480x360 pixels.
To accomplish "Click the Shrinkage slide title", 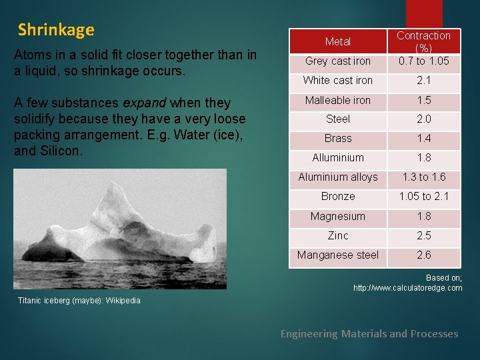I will (56, 30).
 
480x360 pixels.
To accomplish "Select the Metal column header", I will (337, 42).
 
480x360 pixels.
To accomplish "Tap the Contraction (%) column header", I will (424, 41).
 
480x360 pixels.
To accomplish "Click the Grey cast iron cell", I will (337, 61).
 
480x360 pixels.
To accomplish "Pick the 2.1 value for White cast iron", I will (424, 81).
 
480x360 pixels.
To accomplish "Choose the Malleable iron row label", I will (337, 100).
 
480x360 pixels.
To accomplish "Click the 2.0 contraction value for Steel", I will (424, 119).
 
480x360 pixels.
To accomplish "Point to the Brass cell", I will (337, 139).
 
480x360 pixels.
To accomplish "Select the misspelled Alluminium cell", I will (337, 158).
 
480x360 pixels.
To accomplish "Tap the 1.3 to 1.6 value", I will (424, 177).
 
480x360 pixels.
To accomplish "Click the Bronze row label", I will (337, 197).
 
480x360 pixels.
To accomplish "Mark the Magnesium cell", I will (337, 217).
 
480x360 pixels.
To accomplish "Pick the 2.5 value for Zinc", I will (424, 236).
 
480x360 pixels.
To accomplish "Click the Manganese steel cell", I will (337, 255).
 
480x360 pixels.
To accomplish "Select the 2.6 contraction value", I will (424, 255).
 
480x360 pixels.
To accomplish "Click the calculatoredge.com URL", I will (407, 288).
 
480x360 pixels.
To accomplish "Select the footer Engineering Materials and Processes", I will (369, 334).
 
